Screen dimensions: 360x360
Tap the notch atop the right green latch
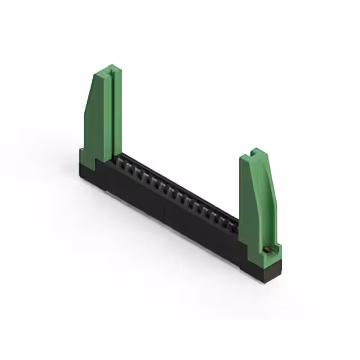point(256,152)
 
